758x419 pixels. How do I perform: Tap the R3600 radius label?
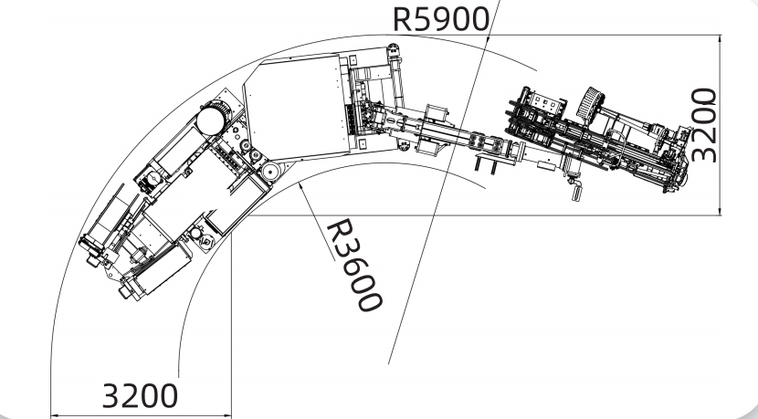coord(353,265)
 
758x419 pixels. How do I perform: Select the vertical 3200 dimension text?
coord(703,126)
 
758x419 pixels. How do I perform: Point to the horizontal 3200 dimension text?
coord(139,396)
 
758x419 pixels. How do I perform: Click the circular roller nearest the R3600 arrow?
coord(270,171)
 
